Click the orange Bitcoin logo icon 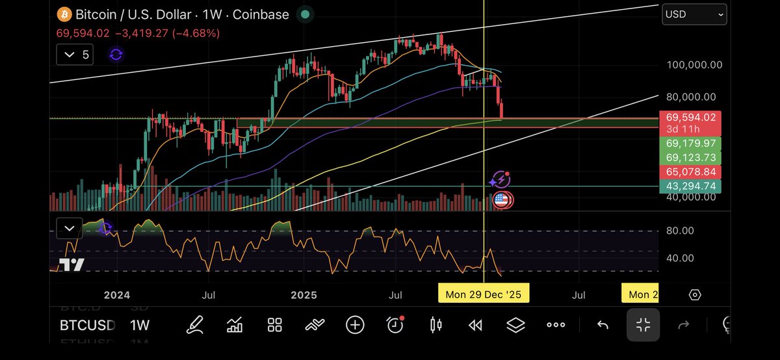[64, 14]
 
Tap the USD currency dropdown [694, 14]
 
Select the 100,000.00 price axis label [694, 65]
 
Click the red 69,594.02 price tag [691, 118]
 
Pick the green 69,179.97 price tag [691, 143]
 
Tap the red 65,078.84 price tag [691, 172]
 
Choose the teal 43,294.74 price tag [691, 186]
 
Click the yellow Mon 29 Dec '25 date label [484, 294]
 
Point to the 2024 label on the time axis [118, 295]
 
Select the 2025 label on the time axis [304, 295]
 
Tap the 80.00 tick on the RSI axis [680, 231]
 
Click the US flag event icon [501, 199]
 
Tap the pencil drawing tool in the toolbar [194, 325]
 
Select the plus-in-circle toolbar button [355, 325]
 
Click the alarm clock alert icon [395, 325]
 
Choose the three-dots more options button [556, 325]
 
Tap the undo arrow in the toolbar [603, 325]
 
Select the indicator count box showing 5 [75, 55]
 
